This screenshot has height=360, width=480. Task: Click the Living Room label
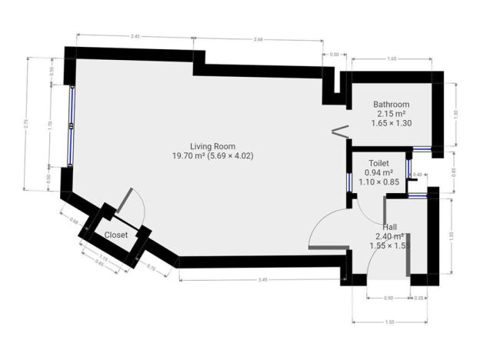tap(213, 146)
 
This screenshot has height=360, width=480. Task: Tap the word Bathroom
tap(391, 105)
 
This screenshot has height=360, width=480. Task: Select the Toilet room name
tap(378, 164)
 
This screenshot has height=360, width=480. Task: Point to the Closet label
tap(116, 235)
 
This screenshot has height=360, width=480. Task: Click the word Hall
tap(389, 227)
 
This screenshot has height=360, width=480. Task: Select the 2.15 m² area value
tap(391, 113)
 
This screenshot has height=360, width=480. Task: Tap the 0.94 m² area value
tap(378, 173)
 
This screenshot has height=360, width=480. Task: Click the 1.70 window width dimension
tap(50, 123)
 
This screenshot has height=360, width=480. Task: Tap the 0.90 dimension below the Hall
tap(388, 298)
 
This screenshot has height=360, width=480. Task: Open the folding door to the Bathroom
tap(337, 131)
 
